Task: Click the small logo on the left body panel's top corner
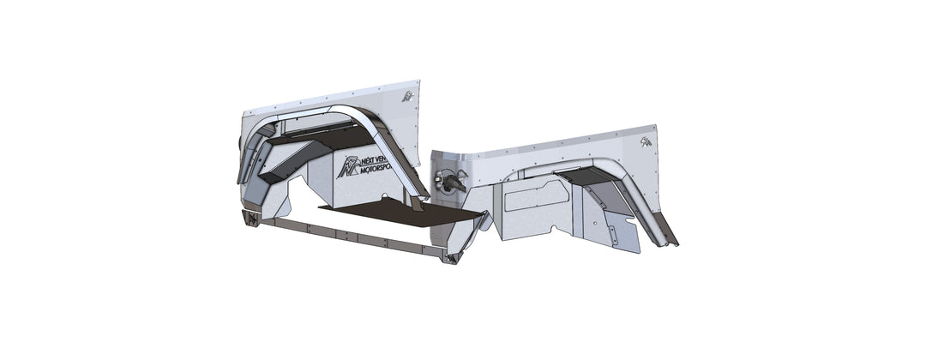point(407,97)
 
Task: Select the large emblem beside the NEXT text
point(349,166)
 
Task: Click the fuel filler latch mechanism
point(451,181)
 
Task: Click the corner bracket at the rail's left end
point(252,219)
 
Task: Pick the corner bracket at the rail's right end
point(449,256)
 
